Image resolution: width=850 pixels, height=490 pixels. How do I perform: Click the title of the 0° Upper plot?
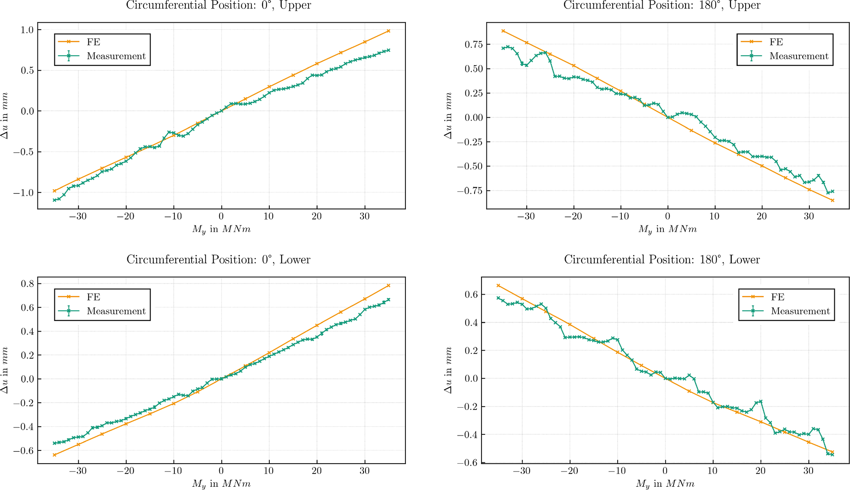(x=218, y=5)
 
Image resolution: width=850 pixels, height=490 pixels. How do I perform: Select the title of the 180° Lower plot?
(x=662, y=260)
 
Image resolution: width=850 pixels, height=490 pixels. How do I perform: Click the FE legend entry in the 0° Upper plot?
(x=93, y=42)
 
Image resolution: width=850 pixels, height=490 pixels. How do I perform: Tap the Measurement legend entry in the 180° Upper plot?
(x=799, y=56)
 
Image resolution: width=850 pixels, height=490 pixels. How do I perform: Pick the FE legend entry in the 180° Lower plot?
(x=777, y=297)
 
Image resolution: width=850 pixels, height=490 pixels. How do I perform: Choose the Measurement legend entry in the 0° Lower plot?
(x=116, y=311)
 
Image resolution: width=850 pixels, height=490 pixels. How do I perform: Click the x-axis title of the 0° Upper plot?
(x=221, y=229)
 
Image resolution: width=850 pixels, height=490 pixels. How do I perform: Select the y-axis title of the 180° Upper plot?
(x=449, y=116)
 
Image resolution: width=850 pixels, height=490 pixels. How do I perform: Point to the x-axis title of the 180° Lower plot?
(x=665, y=484)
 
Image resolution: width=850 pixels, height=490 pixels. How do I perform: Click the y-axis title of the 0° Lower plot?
(x=5, y=370)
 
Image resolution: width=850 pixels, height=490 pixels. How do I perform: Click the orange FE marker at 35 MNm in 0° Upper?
(x=389, y=31)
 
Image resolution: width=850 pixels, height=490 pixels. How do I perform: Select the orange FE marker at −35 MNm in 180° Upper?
(x=503, y=31)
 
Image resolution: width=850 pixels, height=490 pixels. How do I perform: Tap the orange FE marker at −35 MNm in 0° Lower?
(x=54, y=455)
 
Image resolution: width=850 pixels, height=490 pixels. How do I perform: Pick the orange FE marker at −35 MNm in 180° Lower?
(x=498, y=286)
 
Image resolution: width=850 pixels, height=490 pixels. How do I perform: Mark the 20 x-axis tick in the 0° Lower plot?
(x=317, y=471)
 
